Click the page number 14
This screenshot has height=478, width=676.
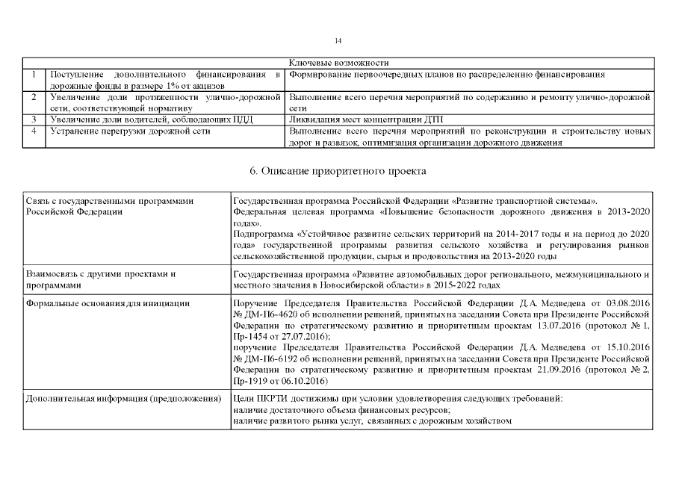point(338,40)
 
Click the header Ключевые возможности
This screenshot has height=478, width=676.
point(338,63)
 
